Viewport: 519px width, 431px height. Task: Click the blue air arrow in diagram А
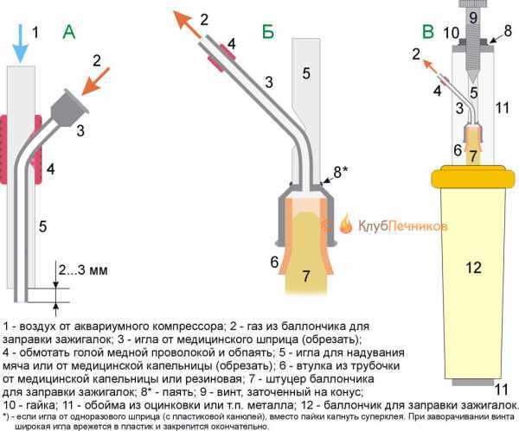(x=20, y=43)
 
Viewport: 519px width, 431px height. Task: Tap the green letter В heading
(x=427, y=33)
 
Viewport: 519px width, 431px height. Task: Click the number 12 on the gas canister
(x=472, y=268)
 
